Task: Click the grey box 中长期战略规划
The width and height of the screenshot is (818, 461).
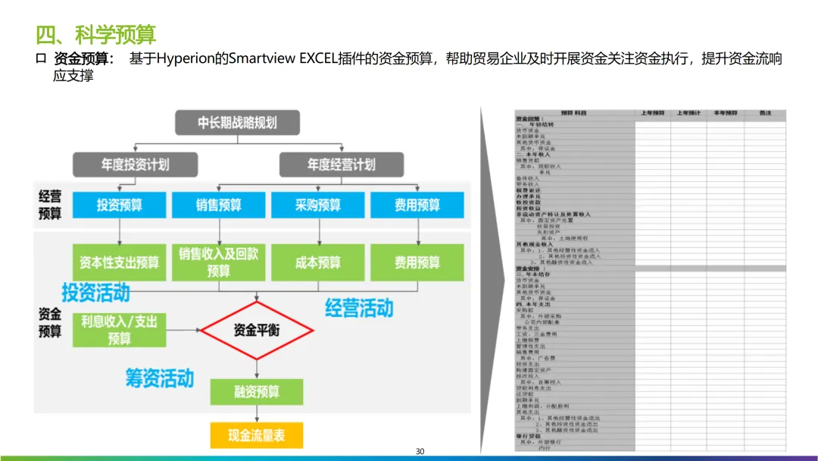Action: tap(237, 123)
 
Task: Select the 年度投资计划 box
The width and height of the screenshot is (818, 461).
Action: tap(135, 165)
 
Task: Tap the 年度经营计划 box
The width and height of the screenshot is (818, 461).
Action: tap(341, 165)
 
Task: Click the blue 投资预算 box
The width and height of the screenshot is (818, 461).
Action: tap(119, 205)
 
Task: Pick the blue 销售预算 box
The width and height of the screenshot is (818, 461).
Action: tap(219, 205)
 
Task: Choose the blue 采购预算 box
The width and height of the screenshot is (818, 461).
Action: tap(318, 205)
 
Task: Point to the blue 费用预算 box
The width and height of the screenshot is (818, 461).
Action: tap(417, 205)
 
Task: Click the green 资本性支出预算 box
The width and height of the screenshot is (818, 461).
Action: tap(119, 262)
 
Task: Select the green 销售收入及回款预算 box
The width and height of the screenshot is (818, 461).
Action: tap(219, 262)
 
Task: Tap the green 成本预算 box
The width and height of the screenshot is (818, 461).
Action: tap(318, 262)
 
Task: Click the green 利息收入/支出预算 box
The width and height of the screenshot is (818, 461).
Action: tap(119, 330)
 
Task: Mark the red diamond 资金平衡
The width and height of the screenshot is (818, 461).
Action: tap(257, 330)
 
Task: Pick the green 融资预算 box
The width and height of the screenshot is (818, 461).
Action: tap(257, 391)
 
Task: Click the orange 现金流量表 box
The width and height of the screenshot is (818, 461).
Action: tap(257, 435)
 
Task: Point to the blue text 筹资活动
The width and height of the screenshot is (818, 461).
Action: tap(160, 378)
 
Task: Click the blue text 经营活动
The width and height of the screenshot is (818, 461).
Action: tap(359, 308)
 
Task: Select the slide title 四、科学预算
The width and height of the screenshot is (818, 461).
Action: tap(96, 34)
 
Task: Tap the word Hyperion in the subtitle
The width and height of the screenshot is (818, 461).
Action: tap(184, 59)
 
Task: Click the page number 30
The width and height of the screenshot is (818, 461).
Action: tap(420, 452)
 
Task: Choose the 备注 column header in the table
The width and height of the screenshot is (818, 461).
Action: tap(765, 114)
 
